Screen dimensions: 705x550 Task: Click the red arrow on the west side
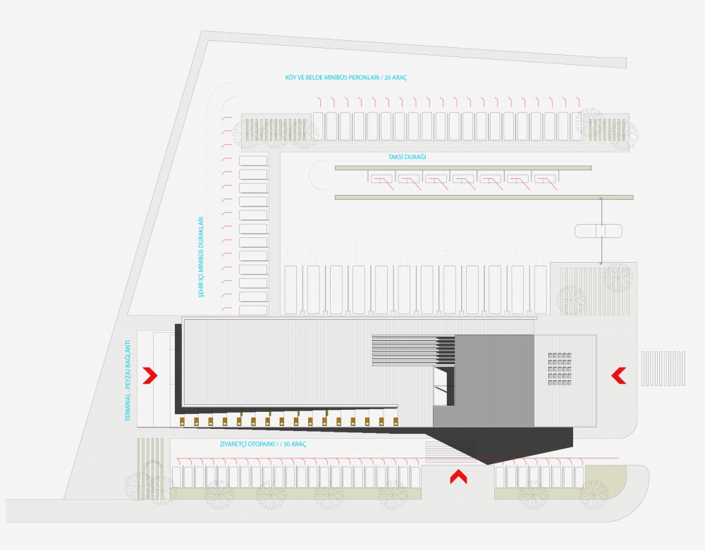pos(150,375)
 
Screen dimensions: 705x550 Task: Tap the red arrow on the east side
pos(619,375)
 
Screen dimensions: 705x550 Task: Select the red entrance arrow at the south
pos(459,476)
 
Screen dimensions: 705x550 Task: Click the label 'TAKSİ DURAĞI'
pos(407,157)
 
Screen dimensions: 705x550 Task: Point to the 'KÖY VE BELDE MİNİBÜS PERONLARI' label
pos(333,77)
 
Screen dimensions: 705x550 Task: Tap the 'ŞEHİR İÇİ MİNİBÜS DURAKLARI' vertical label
pos(201,257)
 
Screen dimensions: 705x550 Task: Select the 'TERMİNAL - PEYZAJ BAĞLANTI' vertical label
pos(128,380)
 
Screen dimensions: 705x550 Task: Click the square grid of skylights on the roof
pos(559,368)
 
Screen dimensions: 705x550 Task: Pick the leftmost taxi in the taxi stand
pos(381,179)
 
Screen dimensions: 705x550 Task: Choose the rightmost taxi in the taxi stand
pos(545,179)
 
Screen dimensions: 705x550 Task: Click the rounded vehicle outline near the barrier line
pos(599,231)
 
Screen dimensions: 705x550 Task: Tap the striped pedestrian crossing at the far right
pos(663,368)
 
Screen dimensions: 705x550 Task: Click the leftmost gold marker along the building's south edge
pos(183,421)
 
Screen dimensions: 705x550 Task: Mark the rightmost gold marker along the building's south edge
pos(396,421)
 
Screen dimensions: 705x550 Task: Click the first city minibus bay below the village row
pos(253,161)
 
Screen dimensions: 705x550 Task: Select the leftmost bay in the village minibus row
pos(318,126)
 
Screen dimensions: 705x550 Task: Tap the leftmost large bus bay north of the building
pos(291,289)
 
